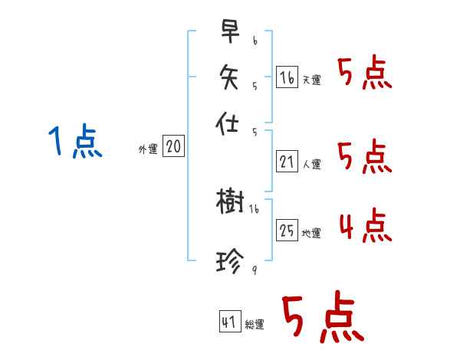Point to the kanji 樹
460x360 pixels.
tap(230, 202)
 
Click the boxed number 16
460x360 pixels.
tap(287, 77)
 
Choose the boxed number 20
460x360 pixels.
tap(173, 147)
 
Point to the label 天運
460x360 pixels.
tap(311, 80)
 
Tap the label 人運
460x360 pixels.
tap(312, 164)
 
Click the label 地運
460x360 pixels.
tap(312, 234)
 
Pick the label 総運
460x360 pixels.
tap(255, 326)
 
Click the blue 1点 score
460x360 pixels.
tap(75, 142)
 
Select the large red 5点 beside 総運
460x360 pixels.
tap(322, 319)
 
